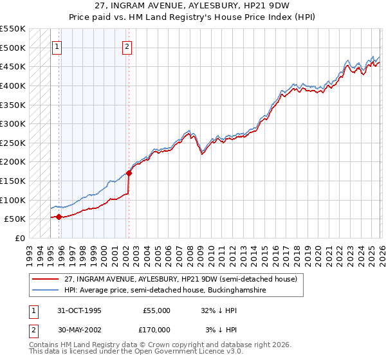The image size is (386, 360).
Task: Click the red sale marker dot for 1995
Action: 59,217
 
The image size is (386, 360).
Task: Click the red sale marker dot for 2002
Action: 129,173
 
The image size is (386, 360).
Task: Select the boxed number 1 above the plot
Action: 57,46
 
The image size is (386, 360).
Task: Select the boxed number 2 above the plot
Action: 127,46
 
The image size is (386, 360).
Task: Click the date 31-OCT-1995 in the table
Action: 75,310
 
